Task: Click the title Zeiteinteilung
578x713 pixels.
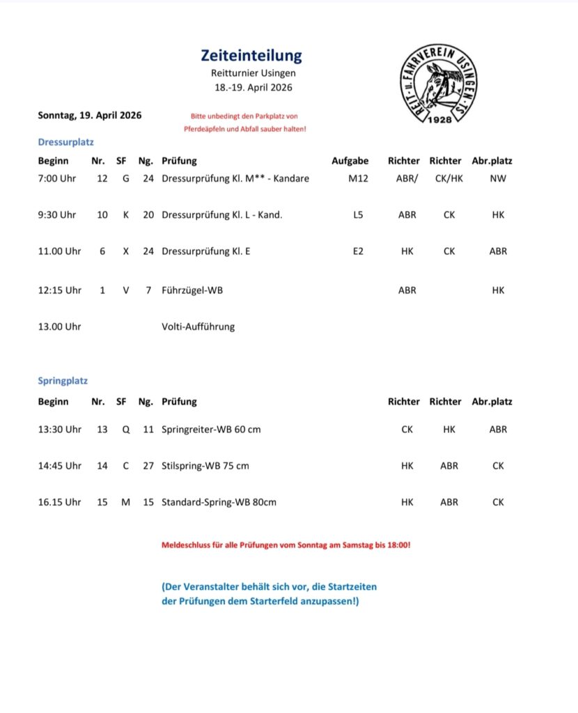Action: [x=251, y=56]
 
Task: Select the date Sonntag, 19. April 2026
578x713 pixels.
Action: [x=90, y=116]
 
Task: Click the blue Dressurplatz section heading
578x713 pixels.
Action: [x=65, y=142]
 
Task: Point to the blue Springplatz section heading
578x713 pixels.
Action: [x=63, y=381]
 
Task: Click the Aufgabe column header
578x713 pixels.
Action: [x=350, y=161]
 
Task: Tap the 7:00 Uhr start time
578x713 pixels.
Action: [x=57, y=178]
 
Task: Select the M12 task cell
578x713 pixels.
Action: [x=358, y=178]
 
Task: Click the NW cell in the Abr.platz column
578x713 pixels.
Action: [x=498, y=178]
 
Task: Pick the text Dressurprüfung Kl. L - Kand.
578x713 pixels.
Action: [x=221, y=215]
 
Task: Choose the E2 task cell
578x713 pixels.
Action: [x=358, y=251]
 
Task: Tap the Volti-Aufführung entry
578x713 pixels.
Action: [x=198, y=327]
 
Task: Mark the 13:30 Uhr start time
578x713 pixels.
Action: [x=59, y=430]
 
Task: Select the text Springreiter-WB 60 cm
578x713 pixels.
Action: [x=211, y=430]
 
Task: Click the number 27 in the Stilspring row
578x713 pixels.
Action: [x=148, y=466]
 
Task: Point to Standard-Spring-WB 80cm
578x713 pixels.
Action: [x=219, y=502]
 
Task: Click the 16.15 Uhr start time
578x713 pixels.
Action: [x=59, y=502]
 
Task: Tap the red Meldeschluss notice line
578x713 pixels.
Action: [x=286, y=544]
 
